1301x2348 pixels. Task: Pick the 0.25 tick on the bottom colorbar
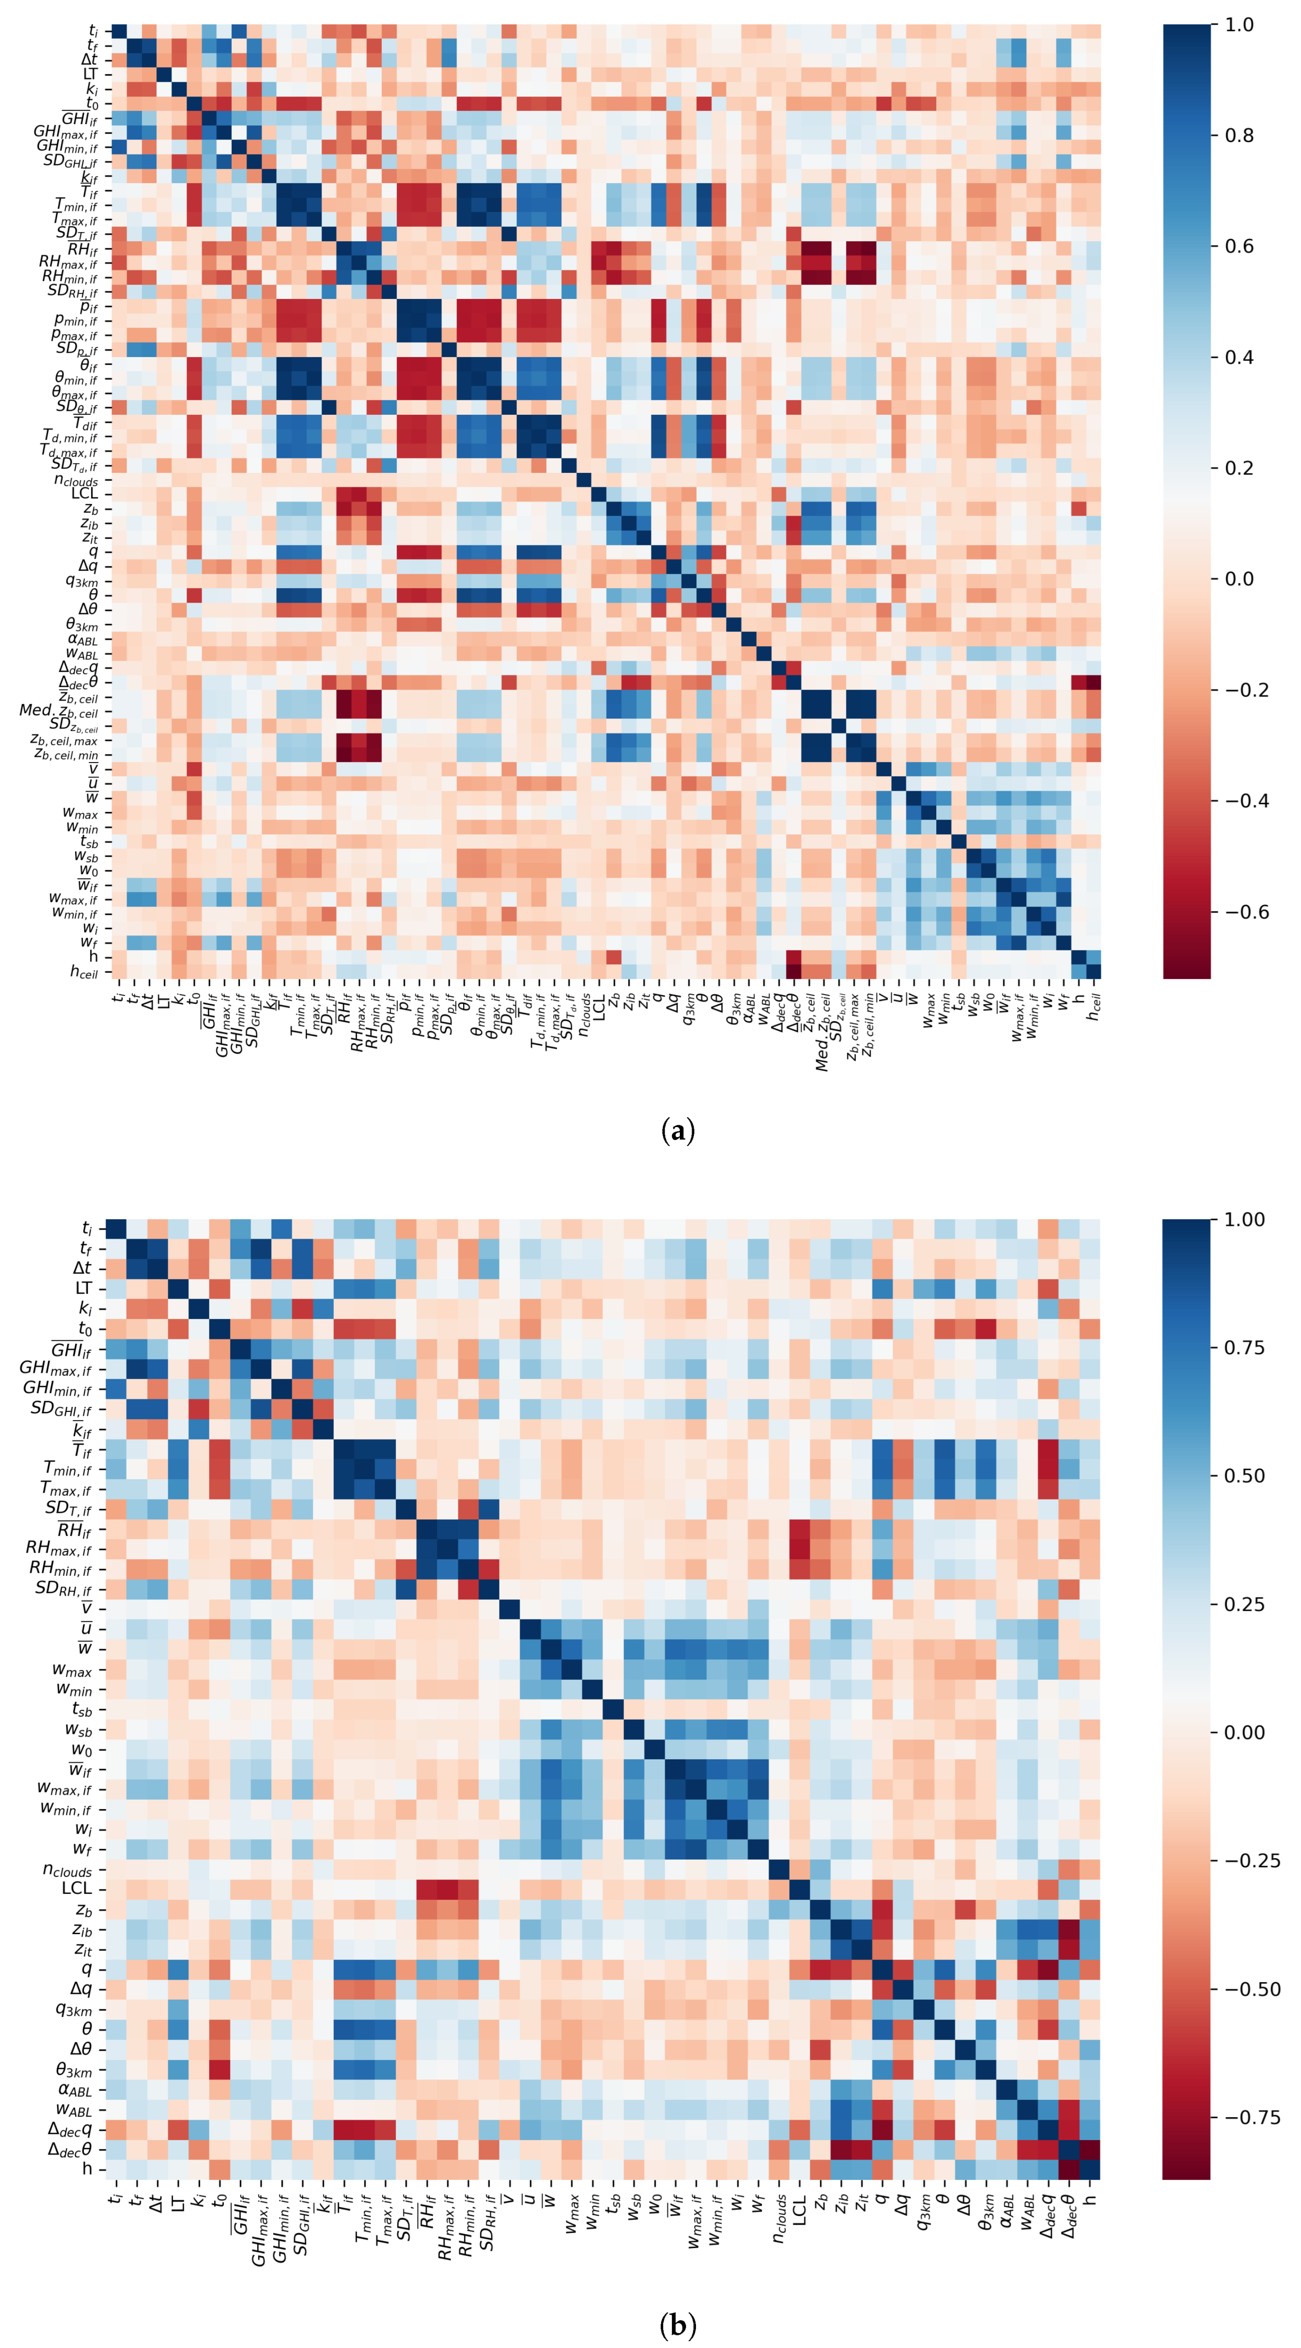pyautogui.click(x=1244, y=1604)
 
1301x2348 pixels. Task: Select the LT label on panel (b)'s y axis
pyautogui.click(x=84, y=1288)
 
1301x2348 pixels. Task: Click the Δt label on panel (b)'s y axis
pyautogui.click(x=83, y=1268)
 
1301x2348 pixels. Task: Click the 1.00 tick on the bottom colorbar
pyautogui.click(x=1244, y=1220)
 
